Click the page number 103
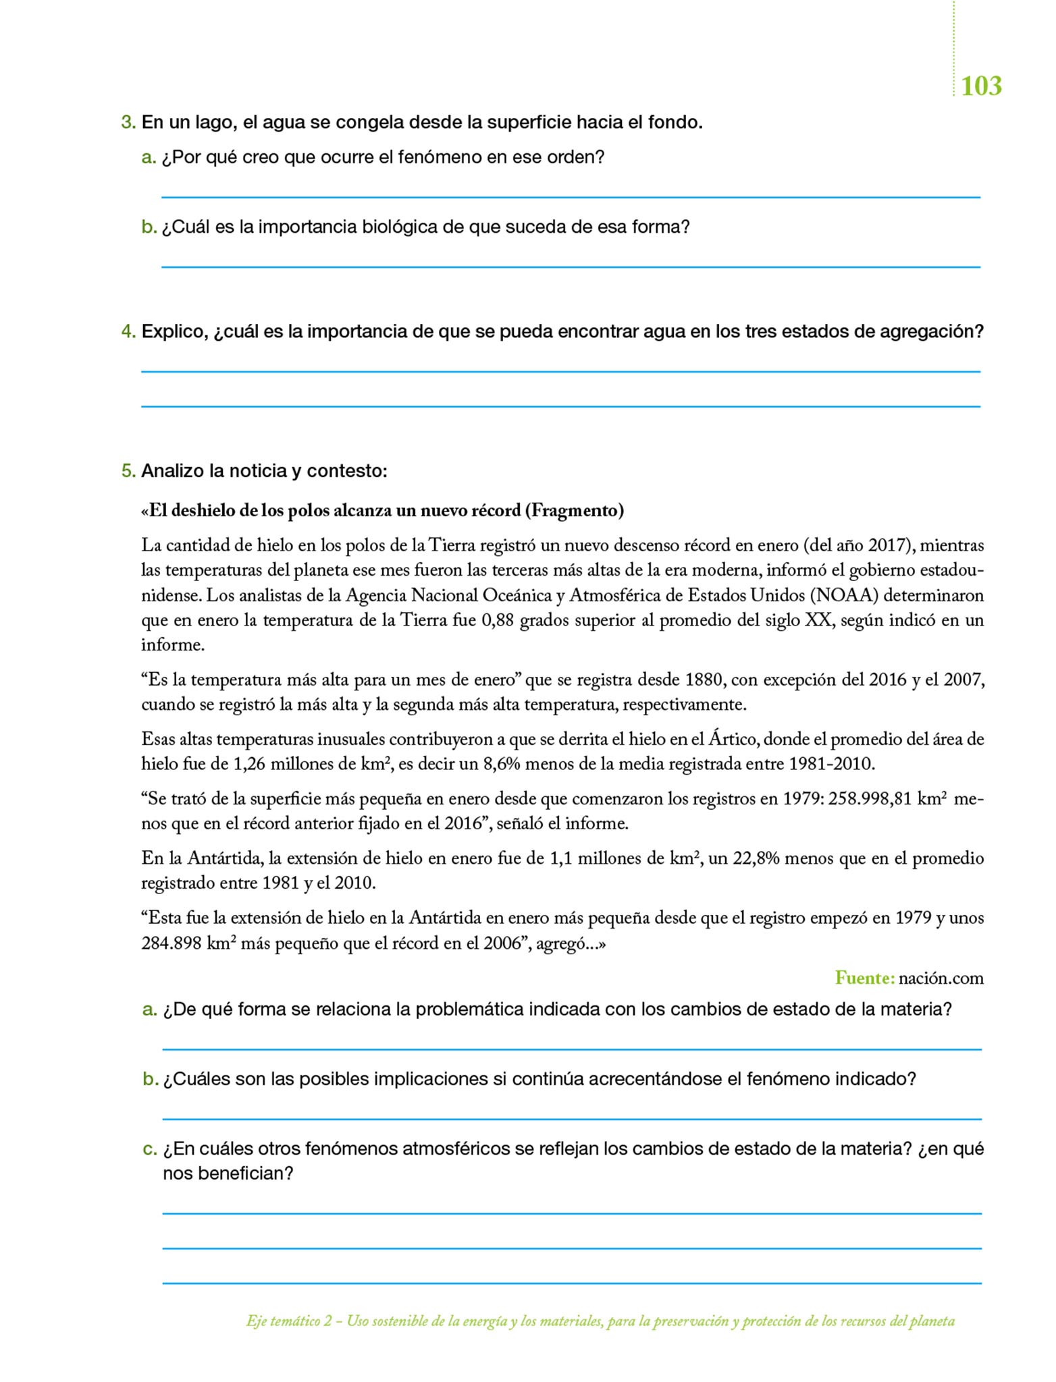pos(980,86)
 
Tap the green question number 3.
pos(128,123)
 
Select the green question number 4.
pos(128,332)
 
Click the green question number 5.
pos(128,471)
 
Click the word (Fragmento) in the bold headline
pos(574,511)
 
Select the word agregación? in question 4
pos(932,332)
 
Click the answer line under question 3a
pos(571,197)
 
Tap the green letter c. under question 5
pos(149,1149)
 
